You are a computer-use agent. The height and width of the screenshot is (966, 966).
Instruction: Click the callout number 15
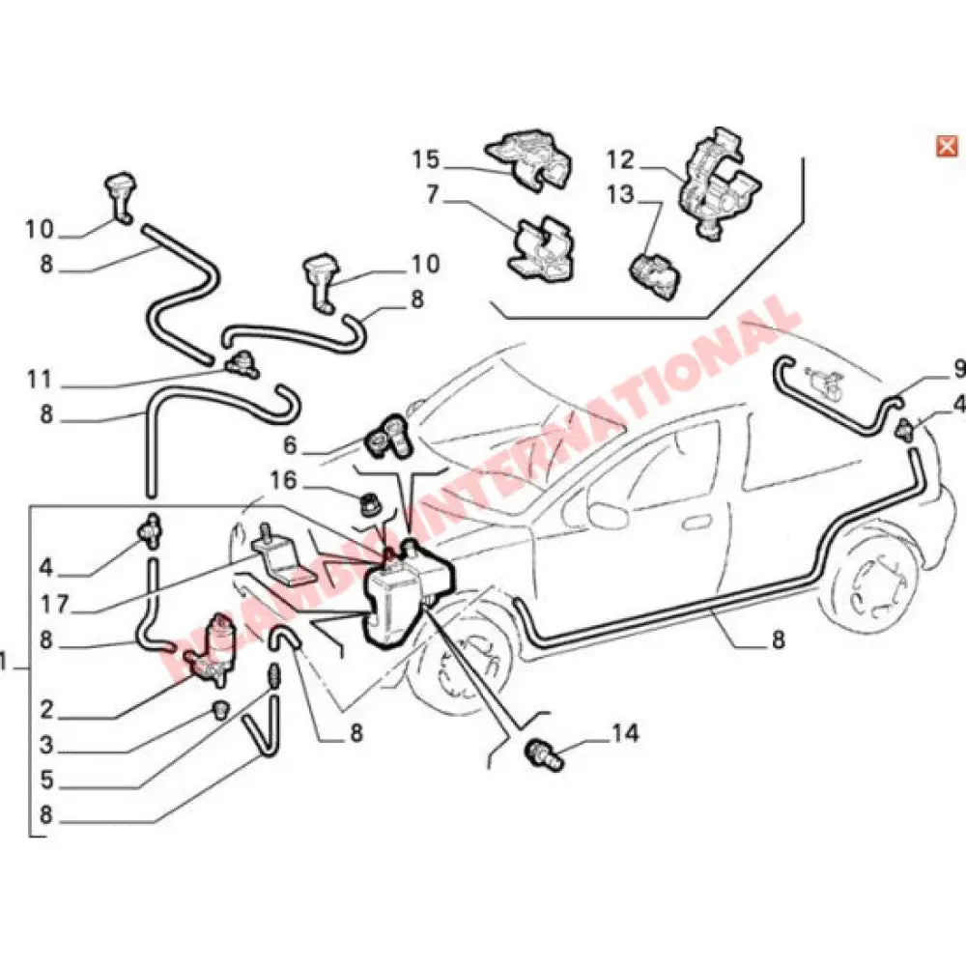point(426,157)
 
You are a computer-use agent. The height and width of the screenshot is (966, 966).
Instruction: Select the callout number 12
point(620,157)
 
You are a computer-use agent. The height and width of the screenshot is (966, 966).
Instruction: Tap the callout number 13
point(620,195)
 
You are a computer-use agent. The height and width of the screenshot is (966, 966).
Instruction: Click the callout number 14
point(624,734)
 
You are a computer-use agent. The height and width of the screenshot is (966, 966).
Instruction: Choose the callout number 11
point(39,379)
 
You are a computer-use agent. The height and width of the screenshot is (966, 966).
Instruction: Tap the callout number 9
point(958,367)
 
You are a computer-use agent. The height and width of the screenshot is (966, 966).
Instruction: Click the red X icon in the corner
point(947,146)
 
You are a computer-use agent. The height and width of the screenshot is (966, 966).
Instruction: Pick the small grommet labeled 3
point(220,711)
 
